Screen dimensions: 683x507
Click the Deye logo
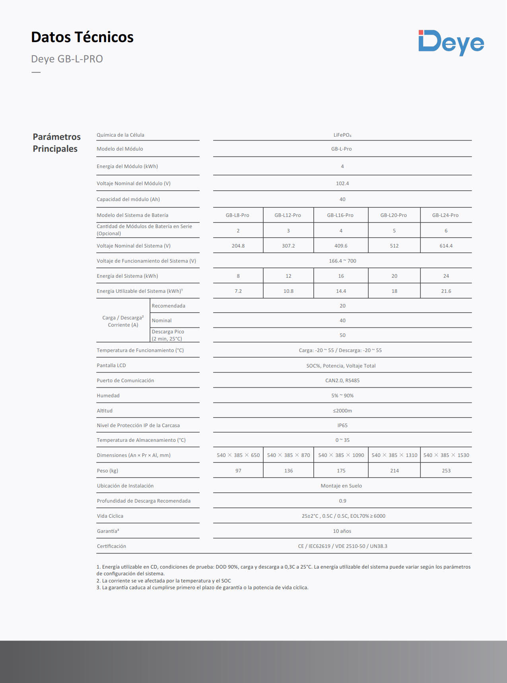pyautogui.click(x=451, y=43)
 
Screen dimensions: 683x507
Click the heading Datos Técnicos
pyautogui.click(x=82, y=37)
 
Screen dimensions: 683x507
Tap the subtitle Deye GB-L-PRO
pyautogui.click(x=67, y=59)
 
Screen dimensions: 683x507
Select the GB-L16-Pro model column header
pyautogui.click(x=340, y=215)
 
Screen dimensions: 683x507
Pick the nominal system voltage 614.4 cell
pyautogui.click(x=446, y=246)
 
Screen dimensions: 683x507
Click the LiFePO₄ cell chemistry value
pyautogui.click(x=342, y=135)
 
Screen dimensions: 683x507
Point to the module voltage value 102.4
pyautogui.click(x=342, y=184)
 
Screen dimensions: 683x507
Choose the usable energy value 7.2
pyautogui.click(x=238, y=291)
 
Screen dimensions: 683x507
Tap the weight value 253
pyautogui.click(x=446, y=471)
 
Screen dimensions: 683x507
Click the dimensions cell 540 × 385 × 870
pyautogui.click(x=288, y=455)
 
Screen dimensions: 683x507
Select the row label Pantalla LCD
pyautogui.click(x=111, y=366)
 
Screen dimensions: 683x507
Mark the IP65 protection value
pyautogui.click(x=342, y=426)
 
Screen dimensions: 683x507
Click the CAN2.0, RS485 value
pyautogui.click(x=342, y=381)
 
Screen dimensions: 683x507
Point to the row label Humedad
pyautogui.click(x=108, y=396)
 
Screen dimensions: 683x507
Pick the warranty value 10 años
pyautogui.click(x=342, y=531)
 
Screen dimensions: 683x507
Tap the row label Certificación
pyautogui.click(x=111, y=546)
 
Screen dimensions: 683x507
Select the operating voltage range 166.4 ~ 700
pyautogui.click(x=342, y=261)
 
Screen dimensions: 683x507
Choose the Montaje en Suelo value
pyautogui.click(x=341, y=486)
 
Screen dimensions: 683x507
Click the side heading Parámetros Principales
pyautogui.click(x=56, y=143)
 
